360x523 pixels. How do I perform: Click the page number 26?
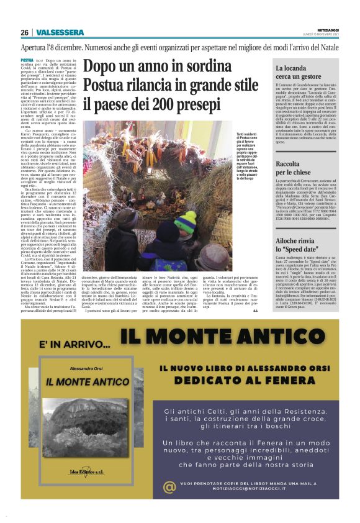[25, 32]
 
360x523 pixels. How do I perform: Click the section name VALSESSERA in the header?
[57, 32]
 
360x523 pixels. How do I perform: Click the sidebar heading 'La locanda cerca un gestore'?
[297, 71]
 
